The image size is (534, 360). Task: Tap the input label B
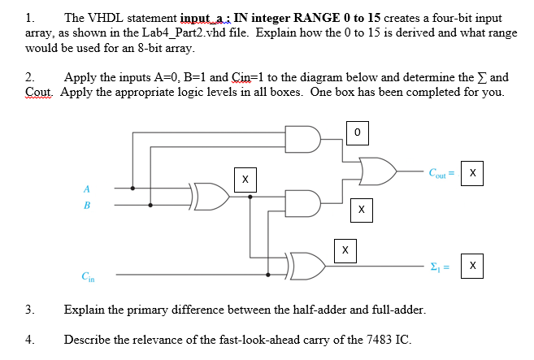click(86, 206)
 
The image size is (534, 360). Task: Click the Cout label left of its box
click(440, 172)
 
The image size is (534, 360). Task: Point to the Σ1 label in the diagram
click(440, 267)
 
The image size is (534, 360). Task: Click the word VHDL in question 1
click(106, 18)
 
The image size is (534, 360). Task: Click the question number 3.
click(29, 310)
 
